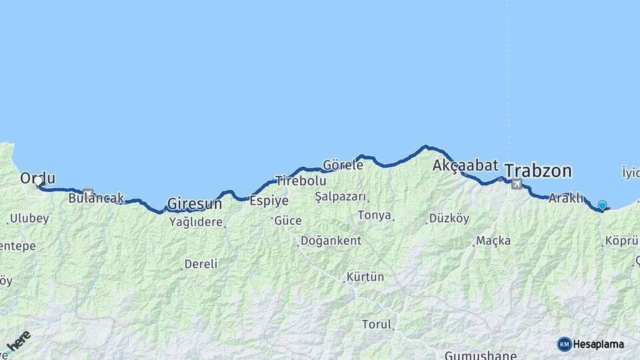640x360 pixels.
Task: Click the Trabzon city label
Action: pos(537,171)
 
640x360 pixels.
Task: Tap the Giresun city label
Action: pos(194,203)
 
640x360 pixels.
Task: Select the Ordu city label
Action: pos(37,178)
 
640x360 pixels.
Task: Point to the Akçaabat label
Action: pos(465,165)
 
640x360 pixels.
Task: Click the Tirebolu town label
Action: pos(301,181)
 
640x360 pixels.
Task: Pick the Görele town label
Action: pos(343,164)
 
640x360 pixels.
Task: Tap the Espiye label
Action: pos(269,200)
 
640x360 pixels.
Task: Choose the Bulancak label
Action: pos(96,198)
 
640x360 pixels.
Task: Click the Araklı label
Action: pos(566,198)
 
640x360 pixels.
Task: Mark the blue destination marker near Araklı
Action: pos(602,205)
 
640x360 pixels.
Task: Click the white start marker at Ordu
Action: pos(39,181)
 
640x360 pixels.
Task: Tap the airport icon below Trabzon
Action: pos(516,183)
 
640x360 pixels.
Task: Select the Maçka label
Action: pos(494,241)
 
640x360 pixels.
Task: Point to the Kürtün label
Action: pos(365,277)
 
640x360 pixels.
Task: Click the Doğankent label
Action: pos(331,241)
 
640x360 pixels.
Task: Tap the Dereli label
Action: pos(201,264)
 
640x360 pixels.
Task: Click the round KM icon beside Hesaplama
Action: pos(564,344)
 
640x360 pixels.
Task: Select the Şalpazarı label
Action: pos(341,197)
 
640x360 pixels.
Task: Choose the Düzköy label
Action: pos(449,218)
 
